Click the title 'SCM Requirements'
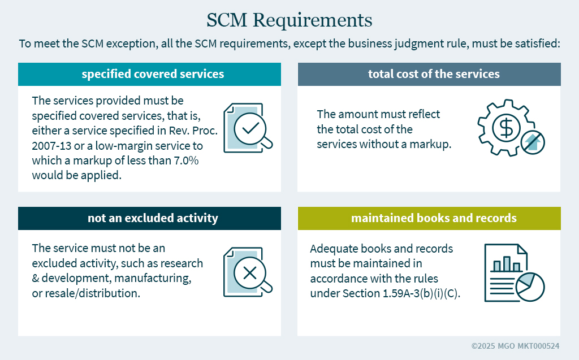(x=289, y=20)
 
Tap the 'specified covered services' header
(x=153, y=74)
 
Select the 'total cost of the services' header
(x=434, y=74)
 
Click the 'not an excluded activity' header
(x=153, y=218)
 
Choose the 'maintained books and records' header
(x=434, y=218)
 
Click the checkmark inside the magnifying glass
(x=250, y=128)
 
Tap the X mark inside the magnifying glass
(x=250, y=273)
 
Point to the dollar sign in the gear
(x=506, y=128)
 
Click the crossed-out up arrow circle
(x=533, y=142)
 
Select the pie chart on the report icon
(x=530, y=287)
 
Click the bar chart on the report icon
(x=507, y=263)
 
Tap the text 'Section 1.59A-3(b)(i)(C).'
(x=401, y=293)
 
